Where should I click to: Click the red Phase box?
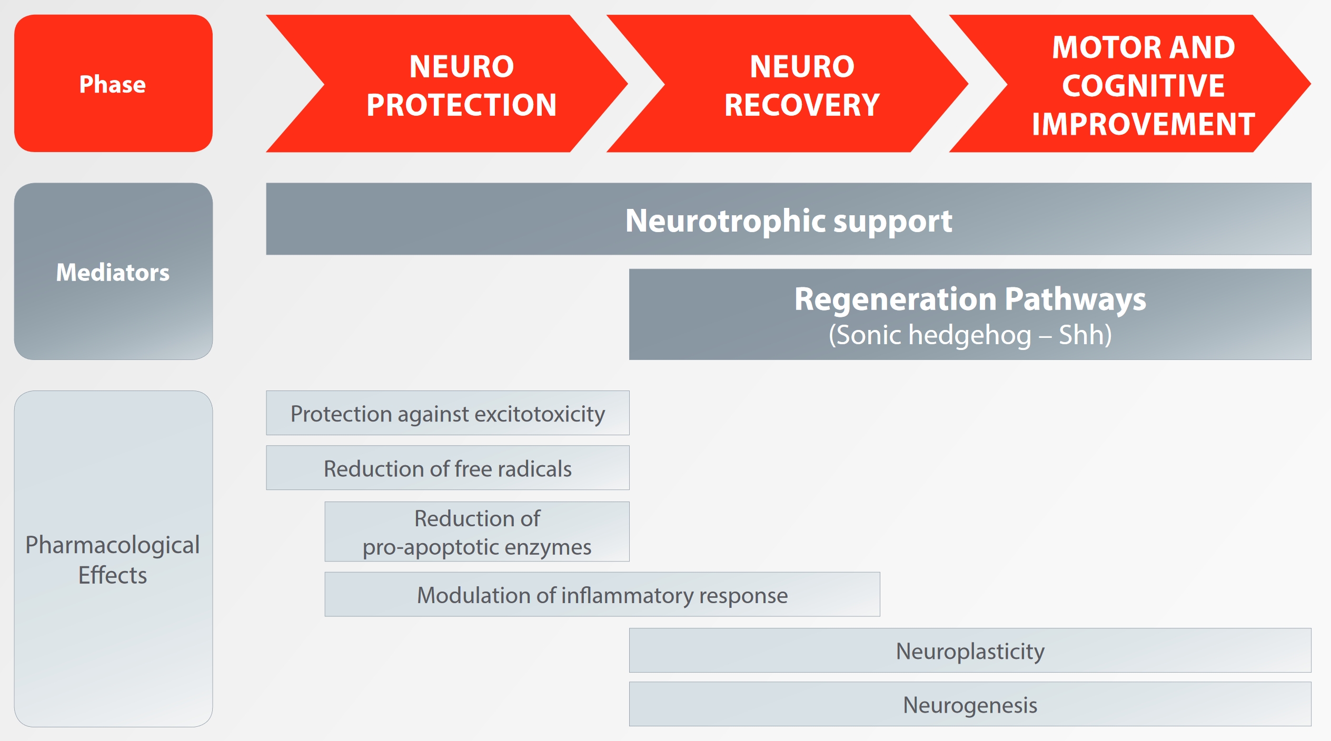113,83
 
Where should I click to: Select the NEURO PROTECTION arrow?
448,84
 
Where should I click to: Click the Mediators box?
113,271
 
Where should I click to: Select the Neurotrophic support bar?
789,219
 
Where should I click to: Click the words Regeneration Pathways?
970,299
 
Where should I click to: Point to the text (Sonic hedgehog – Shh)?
970,335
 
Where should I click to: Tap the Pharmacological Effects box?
113,558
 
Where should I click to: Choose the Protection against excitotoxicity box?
448,413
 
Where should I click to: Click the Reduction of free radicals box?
448,468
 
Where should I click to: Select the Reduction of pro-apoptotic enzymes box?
477,532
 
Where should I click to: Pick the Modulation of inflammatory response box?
602,594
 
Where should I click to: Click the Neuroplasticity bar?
970,650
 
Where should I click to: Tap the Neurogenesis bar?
970,704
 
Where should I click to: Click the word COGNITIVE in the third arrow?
1143,86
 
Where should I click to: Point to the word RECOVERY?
802,105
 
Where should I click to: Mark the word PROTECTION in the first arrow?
461,105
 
